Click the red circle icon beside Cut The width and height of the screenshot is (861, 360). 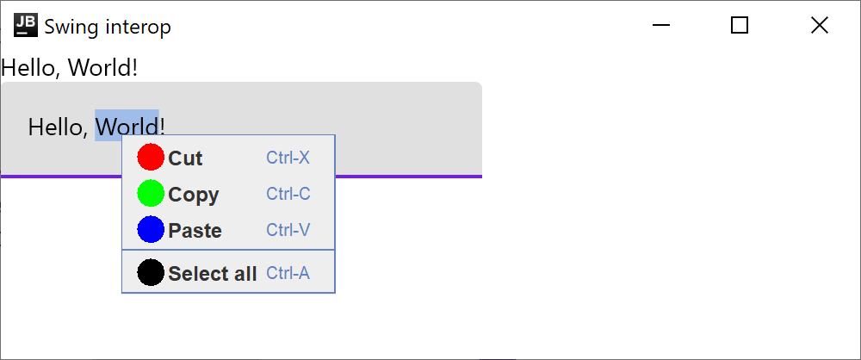[x=151, y=157]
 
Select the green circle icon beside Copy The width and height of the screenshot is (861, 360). [x=151, y=193]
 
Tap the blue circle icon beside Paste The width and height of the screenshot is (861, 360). [x=151, y=229]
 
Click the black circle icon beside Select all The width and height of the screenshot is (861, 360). [x=151, y=272]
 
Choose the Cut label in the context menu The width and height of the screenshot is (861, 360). [x=185, y=158]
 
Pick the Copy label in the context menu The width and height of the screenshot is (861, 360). [x=193, y=195]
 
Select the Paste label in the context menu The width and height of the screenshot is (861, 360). [x=195, y=231]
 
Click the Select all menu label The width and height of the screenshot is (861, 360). [x=212, y=274]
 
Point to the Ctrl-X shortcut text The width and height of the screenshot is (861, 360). [x=288, y=158]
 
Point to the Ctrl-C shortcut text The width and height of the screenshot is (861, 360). [x=288, y=194]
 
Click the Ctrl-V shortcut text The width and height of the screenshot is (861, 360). [x=288, y=230]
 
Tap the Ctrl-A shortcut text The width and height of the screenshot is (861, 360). [x=288, y=273]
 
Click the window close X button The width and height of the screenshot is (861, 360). [x=819, y=26]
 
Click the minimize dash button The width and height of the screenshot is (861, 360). [x=661, y=26]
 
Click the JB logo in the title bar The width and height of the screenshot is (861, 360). [x=26, y=26]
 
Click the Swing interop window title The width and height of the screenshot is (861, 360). [x=108, y=27]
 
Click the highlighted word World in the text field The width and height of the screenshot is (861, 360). [x=127, y=127]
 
